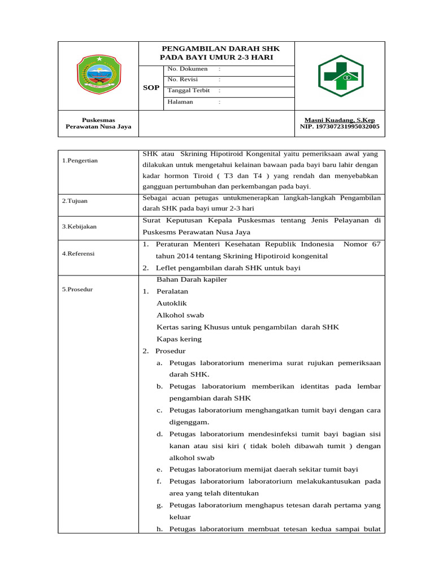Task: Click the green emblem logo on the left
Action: (x=98, y=74)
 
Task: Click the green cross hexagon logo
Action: (x=341, y=76)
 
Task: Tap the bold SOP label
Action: (x=151, y=88)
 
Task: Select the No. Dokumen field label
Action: (x=188, y=69)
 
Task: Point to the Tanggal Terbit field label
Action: (x=189, y=90)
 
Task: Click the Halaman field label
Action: (x=180, y=102)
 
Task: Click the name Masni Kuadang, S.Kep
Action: (x=340, y=120)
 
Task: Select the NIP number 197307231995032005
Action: (x=340, y=127)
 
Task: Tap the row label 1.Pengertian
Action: (x=80, y=161)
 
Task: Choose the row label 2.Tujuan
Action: (x=75, y=201)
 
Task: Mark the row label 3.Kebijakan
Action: (x=80, y=226)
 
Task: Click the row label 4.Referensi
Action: (x=79, y=254)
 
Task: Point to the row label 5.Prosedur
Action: (x=77, y=290)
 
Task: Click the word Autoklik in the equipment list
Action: (x=172, y=303)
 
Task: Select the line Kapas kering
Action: (x=179, y=339)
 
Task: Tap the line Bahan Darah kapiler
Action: (x=192, y=279)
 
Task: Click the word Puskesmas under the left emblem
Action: (x=98, y=120)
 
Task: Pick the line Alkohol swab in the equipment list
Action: (x=180, y=315)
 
